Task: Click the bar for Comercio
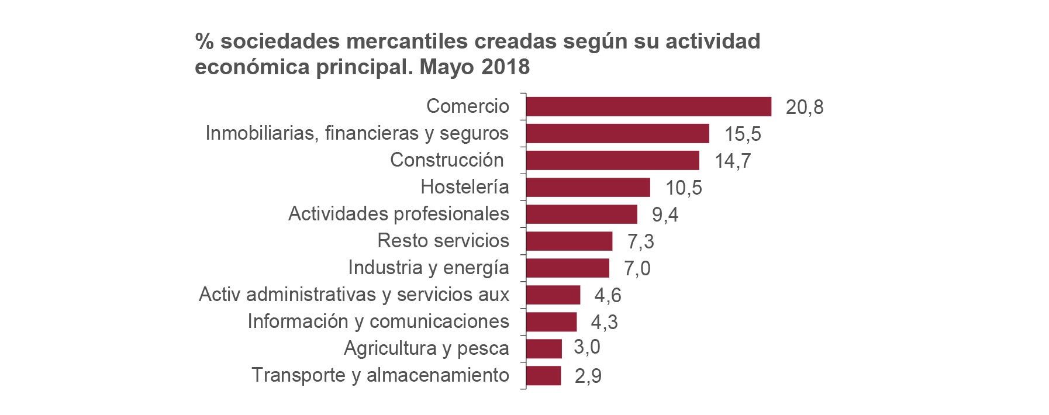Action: coord(648,107)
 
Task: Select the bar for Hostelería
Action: coord(588,188)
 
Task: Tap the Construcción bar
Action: coord(612,161)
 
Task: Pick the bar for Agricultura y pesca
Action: coord(544,349)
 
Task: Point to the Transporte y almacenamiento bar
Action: coord(543,376)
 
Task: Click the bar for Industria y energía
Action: coord(567,268)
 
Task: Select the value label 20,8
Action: coord(804,108)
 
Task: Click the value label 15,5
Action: coord(743,134)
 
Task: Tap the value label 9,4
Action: coord(665,215)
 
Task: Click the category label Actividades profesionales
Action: coord(398,214)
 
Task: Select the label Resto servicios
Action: coord(443,241)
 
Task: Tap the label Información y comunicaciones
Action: coord(378,321)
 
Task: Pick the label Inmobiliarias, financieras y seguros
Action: coord(357,133)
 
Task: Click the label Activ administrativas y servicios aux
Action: coord(354,295)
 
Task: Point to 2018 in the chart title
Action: coord(505,67)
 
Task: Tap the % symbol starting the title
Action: coord(203,41)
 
